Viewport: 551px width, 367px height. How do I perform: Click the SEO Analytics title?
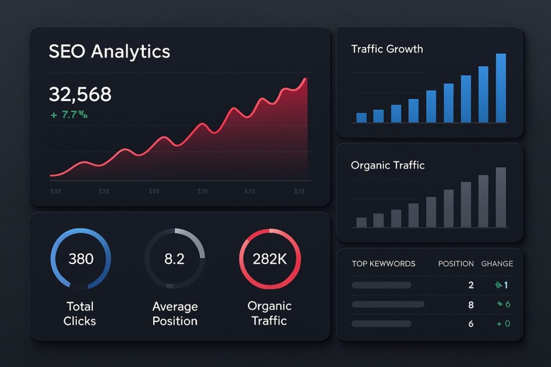[x=109, y=51]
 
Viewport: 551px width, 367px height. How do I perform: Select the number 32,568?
[x=80, y=95]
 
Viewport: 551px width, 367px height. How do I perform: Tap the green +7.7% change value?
[x=68, y=114]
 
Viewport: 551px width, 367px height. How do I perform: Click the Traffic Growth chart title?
[x=387, y=49]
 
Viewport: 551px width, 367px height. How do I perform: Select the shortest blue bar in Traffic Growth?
[x=362, y=117]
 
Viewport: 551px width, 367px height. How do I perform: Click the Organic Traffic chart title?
[x=387, y=165]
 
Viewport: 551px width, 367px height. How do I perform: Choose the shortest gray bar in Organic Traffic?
[x=362, y=222]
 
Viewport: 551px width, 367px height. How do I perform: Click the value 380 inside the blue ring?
[x=81, y=259]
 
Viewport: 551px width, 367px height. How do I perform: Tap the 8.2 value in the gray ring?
[x=174, y=259]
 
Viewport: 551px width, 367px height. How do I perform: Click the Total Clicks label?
[x=80, y=314]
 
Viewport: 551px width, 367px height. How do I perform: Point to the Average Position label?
[x=174, y=314]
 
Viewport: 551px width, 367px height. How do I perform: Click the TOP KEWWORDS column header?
[x=384, y=264]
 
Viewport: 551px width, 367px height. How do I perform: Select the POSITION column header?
[x=456, y=264]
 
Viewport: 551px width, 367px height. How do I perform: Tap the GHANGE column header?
[x=497, y=264]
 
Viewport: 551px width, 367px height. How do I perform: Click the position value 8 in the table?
[x=471, y=305]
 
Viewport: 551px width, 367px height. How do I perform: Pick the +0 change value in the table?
[x=503, y=324]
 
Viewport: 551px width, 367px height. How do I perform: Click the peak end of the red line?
[x=306, y=79]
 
